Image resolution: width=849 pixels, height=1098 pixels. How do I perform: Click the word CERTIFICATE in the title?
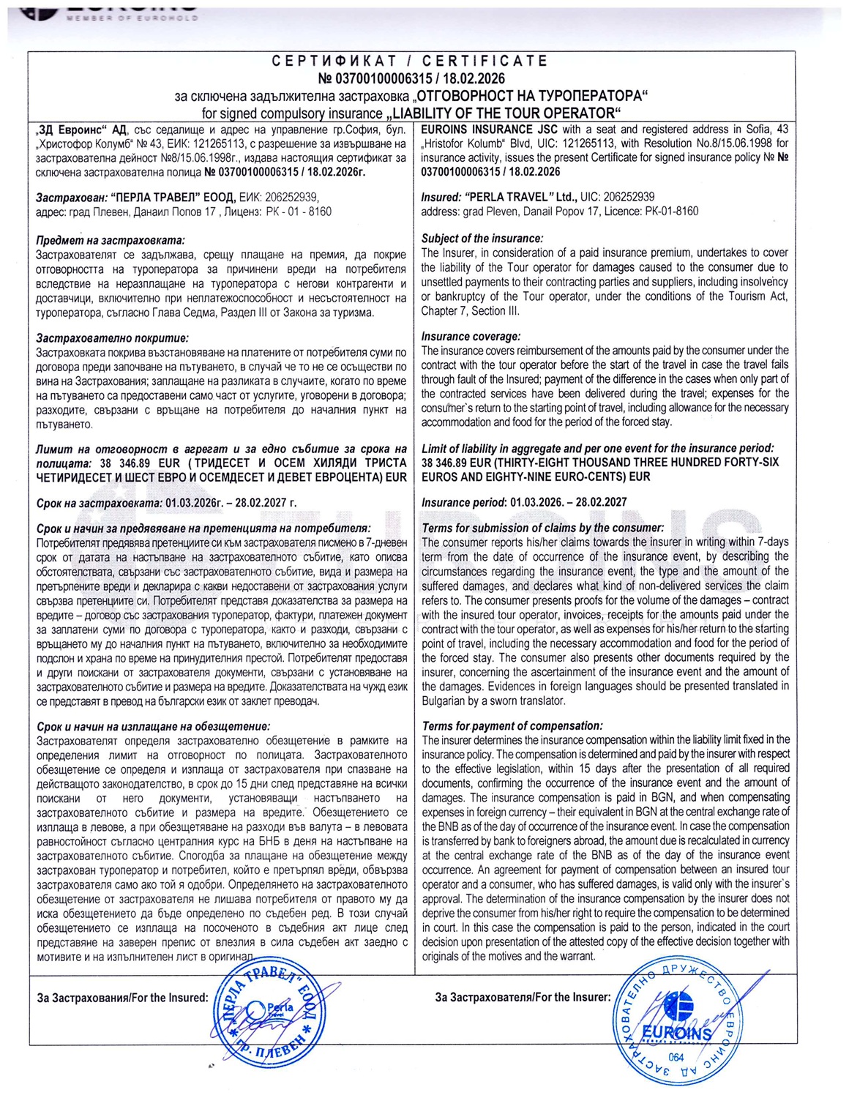(485, 61)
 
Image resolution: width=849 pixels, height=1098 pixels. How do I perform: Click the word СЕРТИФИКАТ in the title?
(334, 61)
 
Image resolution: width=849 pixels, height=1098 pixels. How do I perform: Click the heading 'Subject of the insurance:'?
(482, 239)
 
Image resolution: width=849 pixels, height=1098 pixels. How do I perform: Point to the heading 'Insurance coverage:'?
(471, 337)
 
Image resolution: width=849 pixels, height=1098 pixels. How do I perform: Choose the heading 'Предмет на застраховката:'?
(111, 240)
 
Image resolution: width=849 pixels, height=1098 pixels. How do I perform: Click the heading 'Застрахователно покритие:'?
(112, 338)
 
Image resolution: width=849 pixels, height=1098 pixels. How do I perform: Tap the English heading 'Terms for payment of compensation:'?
(512, 725)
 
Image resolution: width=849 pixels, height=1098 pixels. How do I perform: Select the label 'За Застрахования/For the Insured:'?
(123, 998)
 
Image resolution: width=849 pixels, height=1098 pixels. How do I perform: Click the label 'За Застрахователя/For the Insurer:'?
(523, 997)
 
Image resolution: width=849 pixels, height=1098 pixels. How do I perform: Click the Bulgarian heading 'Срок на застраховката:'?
(100, 503)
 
